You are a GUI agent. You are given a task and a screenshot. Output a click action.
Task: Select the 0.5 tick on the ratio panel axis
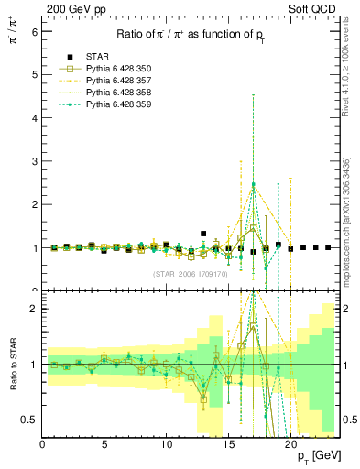tap(30, 420)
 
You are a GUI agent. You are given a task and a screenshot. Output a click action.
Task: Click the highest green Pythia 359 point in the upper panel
tap(254, 184)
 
